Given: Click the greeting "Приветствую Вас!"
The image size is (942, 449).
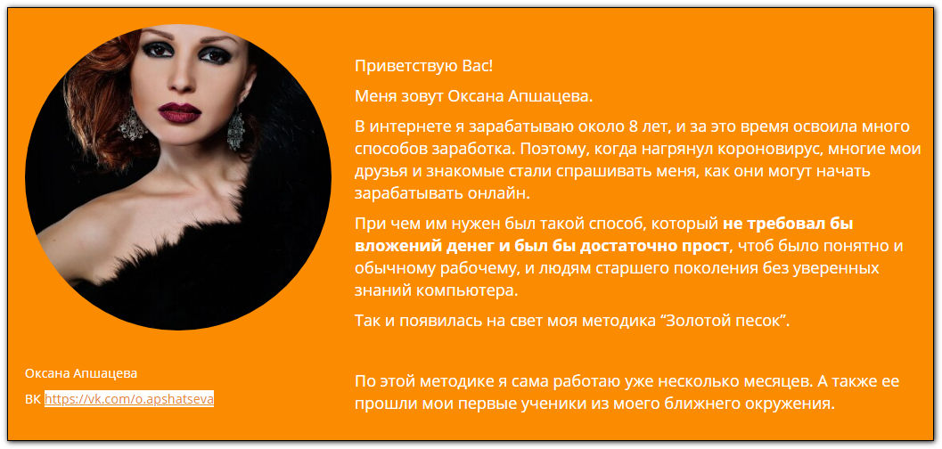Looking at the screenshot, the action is point(423,66).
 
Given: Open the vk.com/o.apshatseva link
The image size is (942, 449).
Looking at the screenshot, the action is point(129,399).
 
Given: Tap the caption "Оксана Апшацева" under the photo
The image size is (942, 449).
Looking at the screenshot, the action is point(81,373).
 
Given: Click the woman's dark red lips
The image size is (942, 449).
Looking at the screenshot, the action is point(180,112).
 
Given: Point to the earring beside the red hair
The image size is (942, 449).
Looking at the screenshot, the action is point(132,124).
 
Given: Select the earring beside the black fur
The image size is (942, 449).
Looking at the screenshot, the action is point(235,128).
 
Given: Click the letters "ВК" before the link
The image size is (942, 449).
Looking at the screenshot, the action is point(33,399).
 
